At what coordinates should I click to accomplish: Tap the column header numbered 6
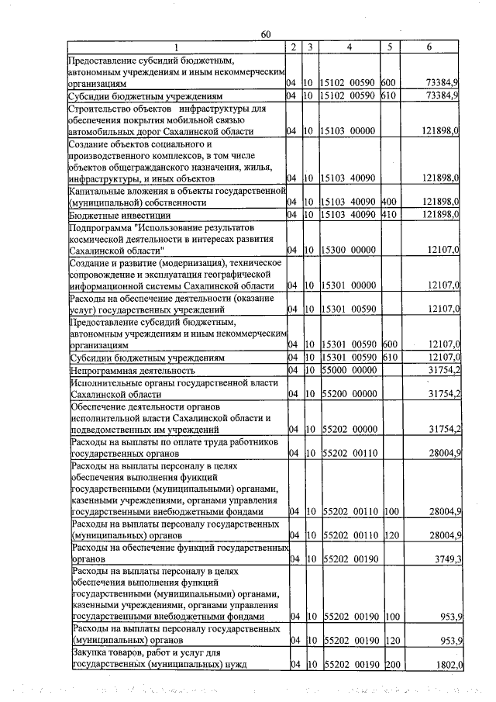pos(429,47)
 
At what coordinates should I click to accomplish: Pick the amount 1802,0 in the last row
pos(444,666)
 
